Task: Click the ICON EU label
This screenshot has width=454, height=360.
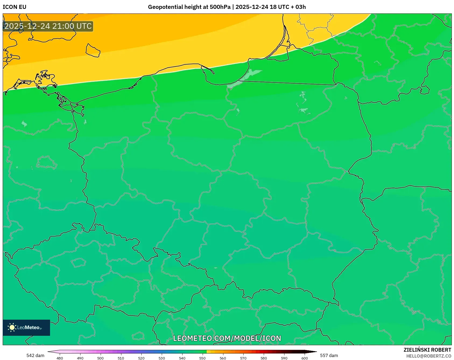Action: click(x=15, y=7)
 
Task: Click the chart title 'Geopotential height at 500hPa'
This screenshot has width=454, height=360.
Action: click(x=189, y=7)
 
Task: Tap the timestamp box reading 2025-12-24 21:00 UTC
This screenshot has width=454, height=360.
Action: click(x=48, y=26)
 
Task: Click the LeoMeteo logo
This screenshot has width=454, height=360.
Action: click(x=26, y=327)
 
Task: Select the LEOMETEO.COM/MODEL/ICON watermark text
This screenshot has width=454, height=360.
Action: click(x=227, y=338)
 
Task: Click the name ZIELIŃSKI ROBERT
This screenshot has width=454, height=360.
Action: click(x=427, y=350)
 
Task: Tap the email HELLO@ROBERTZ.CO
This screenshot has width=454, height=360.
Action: click(x=428, y=356)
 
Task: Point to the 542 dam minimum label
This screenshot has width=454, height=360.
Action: click(x=35, y=355)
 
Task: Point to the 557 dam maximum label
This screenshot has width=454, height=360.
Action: click(x=329, y=355)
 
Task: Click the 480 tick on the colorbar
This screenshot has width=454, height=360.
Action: click(x=60, y=358)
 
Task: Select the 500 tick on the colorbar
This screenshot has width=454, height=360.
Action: click(x=100, y=358)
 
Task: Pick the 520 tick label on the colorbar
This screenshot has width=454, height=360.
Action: click(x=141, y=358)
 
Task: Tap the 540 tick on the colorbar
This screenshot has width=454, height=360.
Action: click(x=182, y=358)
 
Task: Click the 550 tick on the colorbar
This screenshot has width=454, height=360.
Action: click(x=202, y=358)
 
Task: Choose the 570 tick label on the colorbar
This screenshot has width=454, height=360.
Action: click(x=243, y=358)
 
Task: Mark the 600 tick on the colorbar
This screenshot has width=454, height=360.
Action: click(x=304, y=358)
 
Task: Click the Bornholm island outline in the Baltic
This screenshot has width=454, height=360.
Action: click(x=93, y=50)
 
